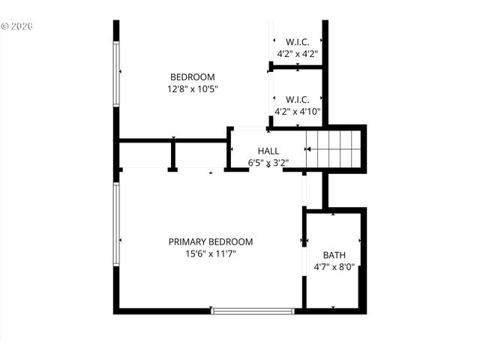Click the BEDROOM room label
(193, 77)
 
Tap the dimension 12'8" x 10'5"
(193, 89)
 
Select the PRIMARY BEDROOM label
(210, 241)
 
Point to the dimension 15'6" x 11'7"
(210, 254)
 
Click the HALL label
(268, 151)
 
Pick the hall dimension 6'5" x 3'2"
(268, 162)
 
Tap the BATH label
(334, 255)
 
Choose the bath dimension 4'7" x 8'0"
(334, 267)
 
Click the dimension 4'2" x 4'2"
(298, 54)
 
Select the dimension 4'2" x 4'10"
(298, 112)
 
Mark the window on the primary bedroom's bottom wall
(252, 310)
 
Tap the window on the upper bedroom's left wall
(116, 73)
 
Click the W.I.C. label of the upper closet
(298, 42)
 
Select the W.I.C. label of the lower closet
(298, 100)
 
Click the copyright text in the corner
(17, 25)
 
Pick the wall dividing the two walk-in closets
(297, 67)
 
